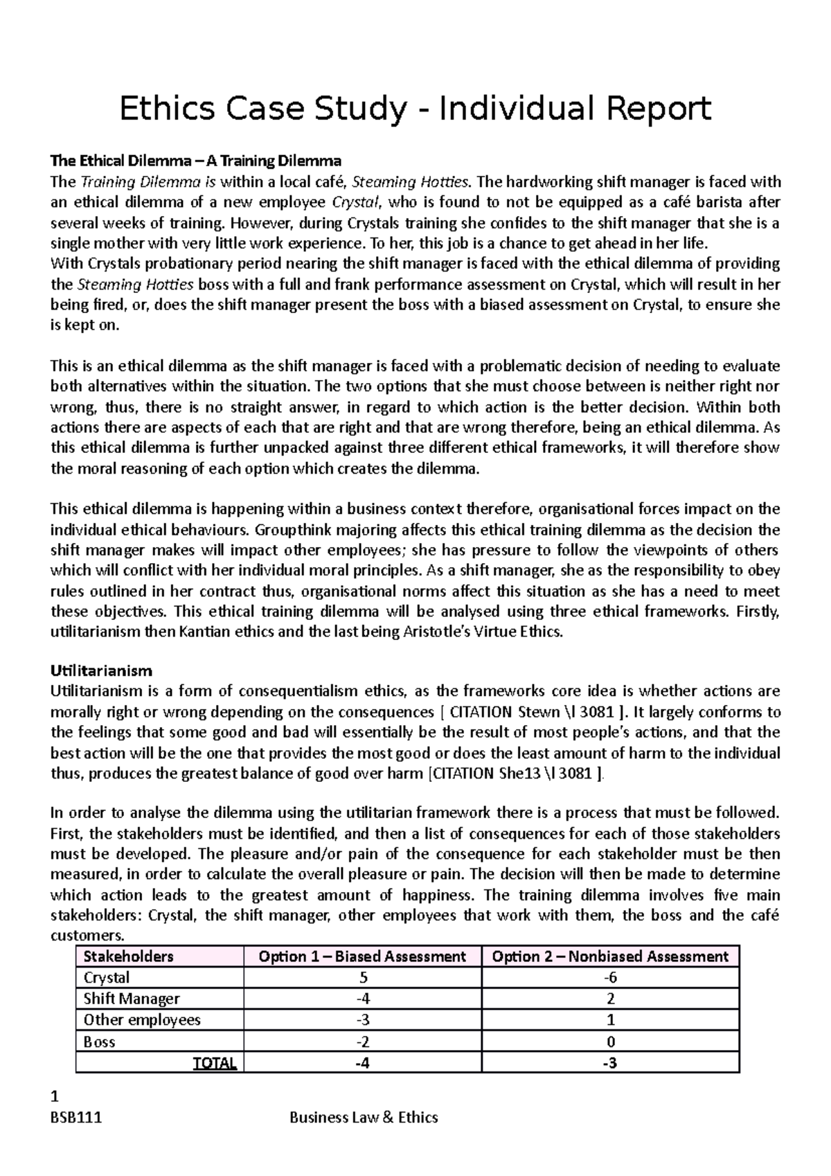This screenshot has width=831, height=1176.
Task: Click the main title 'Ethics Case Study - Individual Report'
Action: point(415,109)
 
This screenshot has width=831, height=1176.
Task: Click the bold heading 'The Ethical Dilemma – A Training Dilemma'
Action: point(196,161)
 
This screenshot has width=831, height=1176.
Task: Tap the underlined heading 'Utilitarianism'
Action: point(101,670)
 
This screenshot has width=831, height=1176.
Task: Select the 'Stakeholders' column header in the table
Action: point(128,956)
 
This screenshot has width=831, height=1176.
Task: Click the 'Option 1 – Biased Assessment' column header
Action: point(361,956)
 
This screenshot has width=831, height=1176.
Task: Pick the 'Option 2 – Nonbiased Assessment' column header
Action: point(610,956)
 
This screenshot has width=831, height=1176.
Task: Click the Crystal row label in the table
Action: point(106,978)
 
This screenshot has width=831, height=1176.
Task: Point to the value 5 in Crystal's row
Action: point(362,978)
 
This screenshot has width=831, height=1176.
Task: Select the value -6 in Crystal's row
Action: point(610,978)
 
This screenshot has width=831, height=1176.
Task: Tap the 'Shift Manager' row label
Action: point(131,999)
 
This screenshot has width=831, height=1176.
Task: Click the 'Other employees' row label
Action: point(142,1020)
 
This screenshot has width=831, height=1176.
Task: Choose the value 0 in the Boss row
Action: point(610,1042)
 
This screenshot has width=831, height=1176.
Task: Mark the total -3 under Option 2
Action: point(610,1063)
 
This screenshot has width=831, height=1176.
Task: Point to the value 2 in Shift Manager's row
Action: point(610,999)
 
